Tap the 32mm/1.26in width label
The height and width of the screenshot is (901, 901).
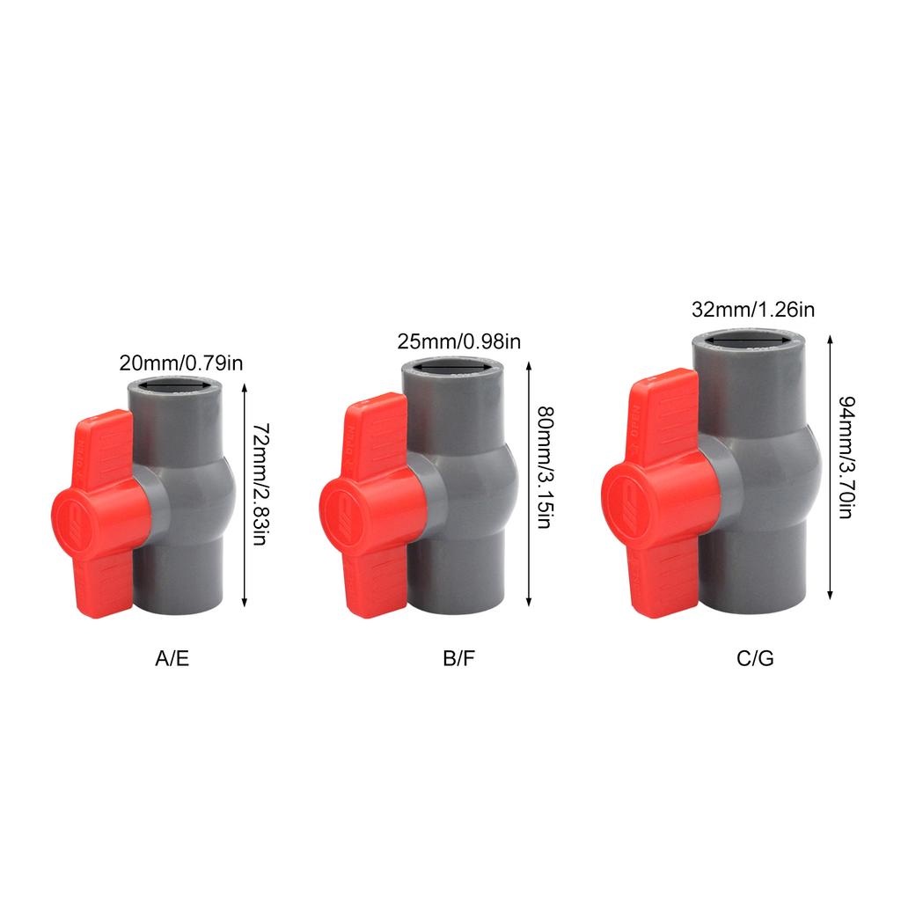tap(753, 310)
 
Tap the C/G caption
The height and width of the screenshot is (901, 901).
tap(755, 658)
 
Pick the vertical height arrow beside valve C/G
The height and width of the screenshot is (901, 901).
tap(831, 466)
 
